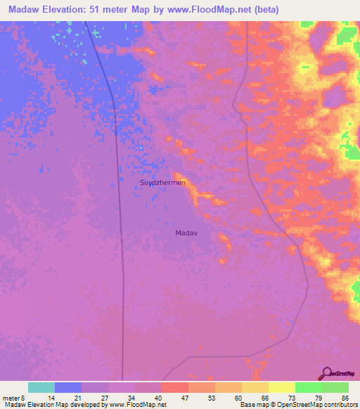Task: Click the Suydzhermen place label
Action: [x=162, y=183]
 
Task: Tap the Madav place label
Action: [x=186, y=232]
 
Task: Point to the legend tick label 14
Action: [x=51, y=398]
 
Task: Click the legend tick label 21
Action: [x=78, y=398]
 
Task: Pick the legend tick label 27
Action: [x=105, y=398]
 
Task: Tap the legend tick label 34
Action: [x=131, y=398]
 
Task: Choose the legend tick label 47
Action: [x=185, y=398]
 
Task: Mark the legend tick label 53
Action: [x=212, y=398]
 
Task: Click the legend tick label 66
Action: [x=265, y=398]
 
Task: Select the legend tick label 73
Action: [x=292, y=398]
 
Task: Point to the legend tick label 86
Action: [x=345, y=398]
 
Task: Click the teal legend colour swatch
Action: [x=41, y=387]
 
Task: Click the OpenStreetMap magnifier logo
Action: [x=326, y=373]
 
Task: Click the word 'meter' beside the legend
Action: [x=12, y=398]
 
